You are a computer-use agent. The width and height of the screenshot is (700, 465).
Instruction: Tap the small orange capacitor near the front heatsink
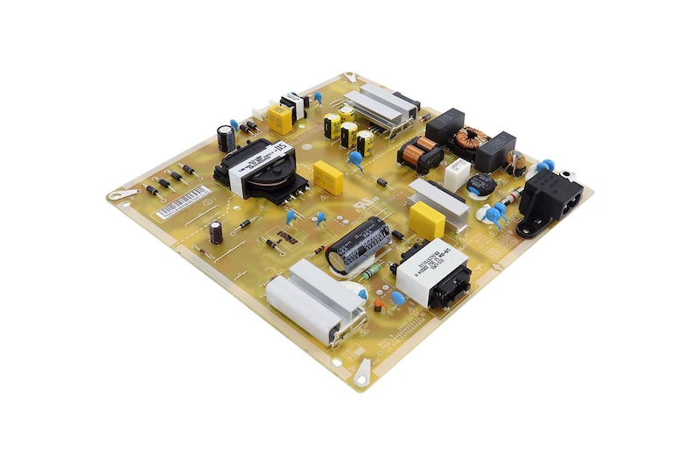tap(378, 306)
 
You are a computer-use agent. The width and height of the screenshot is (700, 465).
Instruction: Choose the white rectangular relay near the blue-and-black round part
tap(456, 173)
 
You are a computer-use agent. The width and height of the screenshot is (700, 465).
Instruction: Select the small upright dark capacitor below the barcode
tap(215, 231)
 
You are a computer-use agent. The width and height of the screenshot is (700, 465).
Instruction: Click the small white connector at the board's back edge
tap(260, 112)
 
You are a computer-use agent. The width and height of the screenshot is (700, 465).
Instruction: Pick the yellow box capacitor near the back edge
tap(280, 118)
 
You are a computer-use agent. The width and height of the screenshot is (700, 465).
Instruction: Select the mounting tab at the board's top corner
tap(351, 78)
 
